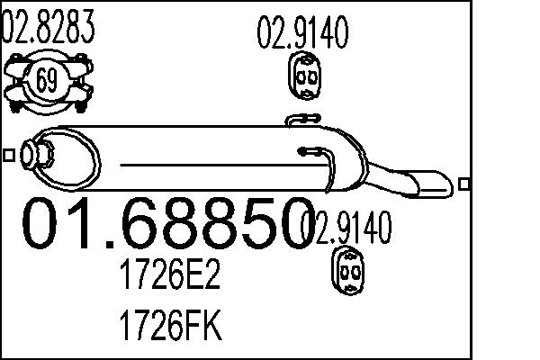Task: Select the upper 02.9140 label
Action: coord(303,34)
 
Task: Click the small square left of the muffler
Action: coord(8,155)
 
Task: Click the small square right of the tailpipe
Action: coord(463,184)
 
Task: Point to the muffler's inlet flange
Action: coord(37,155)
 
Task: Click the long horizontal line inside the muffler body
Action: coord(216,165)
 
